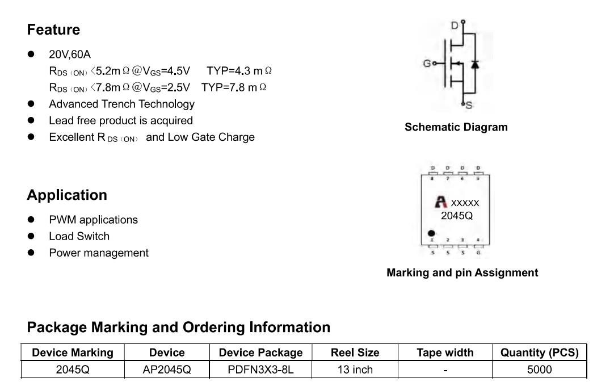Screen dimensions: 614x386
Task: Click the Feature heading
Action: (x=54, y=30)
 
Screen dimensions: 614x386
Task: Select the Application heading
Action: (x=67, y=195)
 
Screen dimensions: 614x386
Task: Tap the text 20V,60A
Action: (x=70, y=54)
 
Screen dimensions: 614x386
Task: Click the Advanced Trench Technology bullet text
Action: (x=122, y=104)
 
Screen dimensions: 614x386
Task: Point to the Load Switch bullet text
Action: (x=79, y=236)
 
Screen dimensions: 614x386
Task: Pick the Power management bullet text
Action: (x=99, y=253)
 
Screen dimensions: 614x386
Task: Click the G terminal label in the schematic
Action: (x=427, y=64)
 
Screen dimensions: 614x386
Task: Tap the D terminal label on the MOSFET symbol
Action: (x=455, y=26)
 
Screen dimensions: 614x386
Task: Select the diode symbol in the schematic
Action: (x=475, y=64)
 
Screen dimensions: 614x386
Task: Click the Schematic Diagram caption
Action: (x=456, y=127)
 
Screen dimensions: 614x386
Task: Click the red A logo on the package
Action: (x=441, y=202)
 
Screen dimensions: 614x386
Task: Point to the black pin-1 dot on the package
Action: (x=431, y=233)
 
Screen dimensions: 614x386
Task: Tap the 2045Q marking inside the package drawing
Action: (x=457, y=216)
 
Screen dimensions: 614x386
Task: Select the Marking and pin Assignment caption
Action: (x=462, y=272)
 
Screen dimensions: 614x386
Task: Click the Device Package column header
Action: (x=261, y=353)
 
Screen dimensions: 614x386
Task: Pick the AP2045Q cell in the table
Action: (x=167, y=370)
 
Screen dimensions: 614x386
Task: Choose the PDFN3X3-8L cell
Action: (x=261, y=370)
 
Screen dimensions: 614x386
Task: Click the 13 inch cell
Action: (x=355, y=370)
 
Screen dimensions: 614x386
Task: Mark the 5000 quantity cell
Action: (x=539, y=370)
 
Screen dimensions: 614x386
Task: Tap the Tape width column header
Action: (x=445, y=353)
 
